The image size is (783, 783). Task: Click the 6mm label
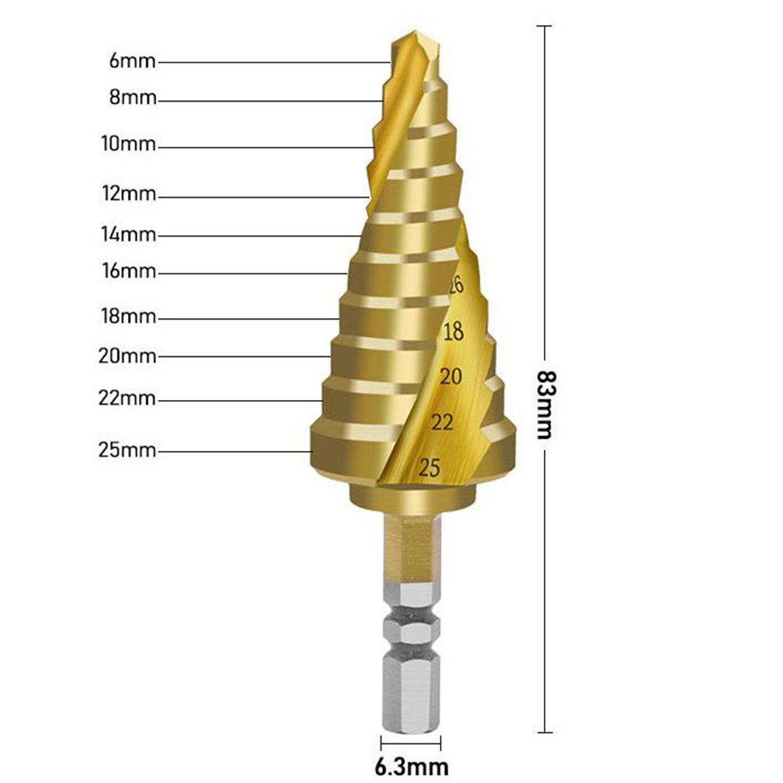point(132,61)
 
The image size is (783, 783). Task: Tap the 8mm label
point(133,97)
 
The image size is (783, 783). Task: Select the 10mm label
point(128,144)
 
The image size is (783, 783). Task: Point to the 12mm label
point(129,193)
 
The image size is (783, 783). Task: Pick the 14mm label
point(128,234)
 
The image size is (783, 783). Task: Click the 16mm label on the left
point(129,270)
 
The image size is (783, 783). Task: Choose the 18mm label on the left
point(128,316)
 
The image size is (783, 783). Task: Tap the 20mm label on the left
point(127,356)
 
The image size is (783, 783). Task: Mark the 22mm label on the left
point(127,399)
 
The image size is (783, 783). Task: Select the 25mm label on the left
point(127,450)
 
